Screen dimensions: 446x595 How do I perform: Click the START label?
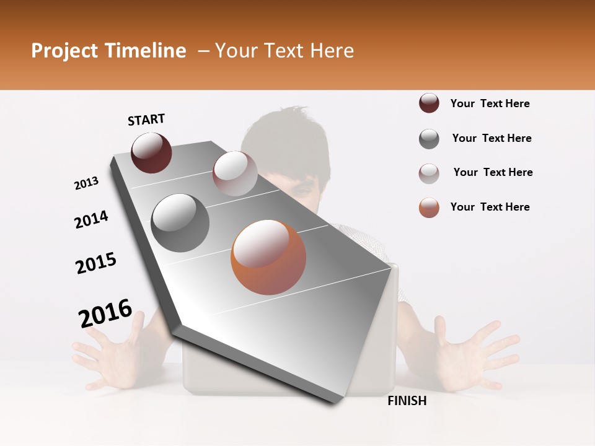click(146, 120)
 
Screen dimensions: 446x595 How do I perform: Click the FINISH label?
click(407, 401)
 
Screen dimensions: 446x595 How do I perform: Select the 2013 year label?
click(86, 183)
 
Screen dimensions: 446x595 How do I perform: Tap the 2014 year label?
click(91, 219)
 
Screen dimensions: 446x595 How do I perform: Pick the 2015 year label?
click(96, 263)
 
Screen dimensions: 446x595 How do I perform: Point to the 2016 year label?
click(105, 313)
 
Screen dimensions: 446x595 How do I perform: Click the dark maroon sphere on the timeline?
click(151, 152)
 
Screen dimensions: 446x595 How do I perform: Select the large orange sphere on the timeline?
click(268, 257)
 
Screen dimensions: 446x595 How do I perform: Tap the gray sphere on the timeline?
click(180, 223)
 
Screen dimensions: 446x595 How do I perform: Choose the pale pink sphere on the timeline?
click(235, 173)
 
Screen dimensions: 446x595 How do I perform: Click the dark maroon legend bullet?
click(429, 103)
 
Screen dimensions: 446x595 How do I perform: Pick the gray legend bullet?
click(429, 139)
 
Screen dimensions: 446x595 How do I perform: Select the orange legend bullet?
click(429, 208)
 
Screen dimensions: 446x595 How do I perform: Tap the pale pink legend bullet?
click(429, 173)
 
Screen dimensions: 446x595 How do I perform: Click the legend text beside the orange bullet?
click(490, 207)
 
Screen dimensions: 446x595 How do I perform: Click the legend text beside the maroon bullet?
click(490, 103)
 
